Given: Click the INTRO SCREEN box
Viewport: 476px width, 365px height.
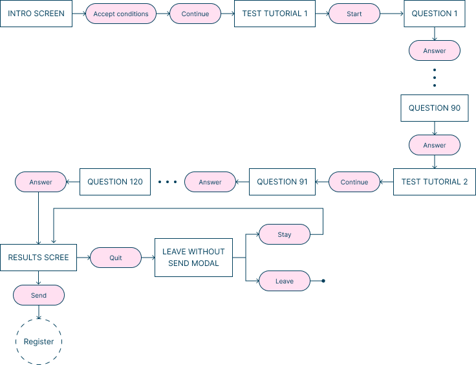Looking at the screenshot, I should click(36, 14).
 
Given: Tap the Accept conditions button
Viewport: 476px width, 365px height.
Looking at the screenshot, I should click(121, 14).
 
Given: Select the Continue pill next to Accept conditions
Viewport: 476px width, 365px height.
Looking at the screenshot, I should click(195, 14).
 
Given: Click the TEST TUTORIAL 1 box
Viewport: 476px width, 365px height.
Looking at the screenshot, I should click(275, 14).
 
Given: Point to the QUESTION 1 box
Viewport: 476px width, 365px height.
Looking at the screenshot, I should click(435, 14).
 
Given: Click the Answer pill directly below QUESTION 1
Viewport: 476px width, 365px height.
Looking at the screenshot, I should click(435, 50).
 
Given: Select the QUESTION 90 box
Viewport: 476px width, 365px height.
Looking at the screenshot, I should click(435, 108).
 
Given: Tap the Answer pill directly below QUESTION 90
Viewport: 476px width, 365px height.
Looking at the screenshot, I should click(435, 145).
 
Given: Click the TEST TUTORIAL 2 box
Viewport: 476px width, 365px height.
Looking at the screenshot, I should click(435, 182).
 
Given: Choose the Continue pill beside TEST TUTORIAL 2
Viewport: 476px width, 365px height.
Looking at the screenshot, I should click(354, 182).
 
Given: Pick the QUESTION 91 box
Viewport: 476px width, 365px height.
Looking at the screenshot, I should click(282, 182).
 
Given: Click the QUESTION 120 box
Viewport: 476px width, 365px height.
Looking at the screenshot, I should click(115, 182).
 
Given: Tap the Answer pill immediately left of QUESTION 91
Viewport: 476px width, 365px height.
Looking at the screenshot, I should click(210, 182).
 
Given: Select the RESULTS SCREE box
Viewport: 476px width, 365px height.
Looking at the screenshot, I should click(39, 258).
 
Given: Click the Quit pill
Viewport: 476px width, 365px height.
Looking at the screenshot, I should click(116, 258).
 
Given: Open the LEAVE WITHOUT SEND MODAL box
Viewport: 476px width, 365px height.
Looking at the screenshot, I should click(193, 258).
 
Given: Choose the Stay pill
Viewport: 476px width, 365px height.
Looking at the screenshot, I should click(285, 234).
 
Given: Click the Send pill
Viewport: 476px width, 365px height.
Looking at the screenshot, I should click(39, 295).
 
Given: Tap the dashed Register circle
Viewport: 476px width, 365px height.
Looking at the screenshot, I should click(39, 341).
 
